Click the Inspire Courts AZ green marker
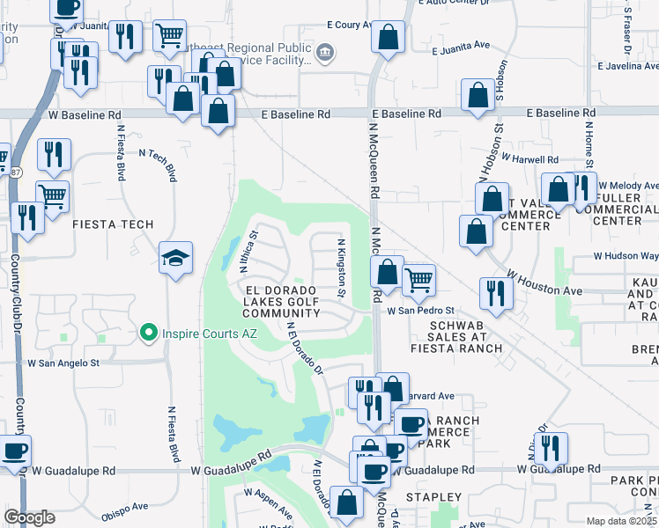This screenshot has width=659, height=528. tap(149, 333)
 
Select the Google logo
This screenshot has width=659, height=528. tap(29, 517)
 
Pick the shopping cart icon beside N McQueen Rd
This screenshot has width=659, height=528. tap(419, 281)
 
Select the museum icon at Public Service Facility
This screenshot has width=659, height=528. tap(324, 54)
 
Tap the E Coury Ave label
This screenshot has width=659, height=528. tap(353, 25)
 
